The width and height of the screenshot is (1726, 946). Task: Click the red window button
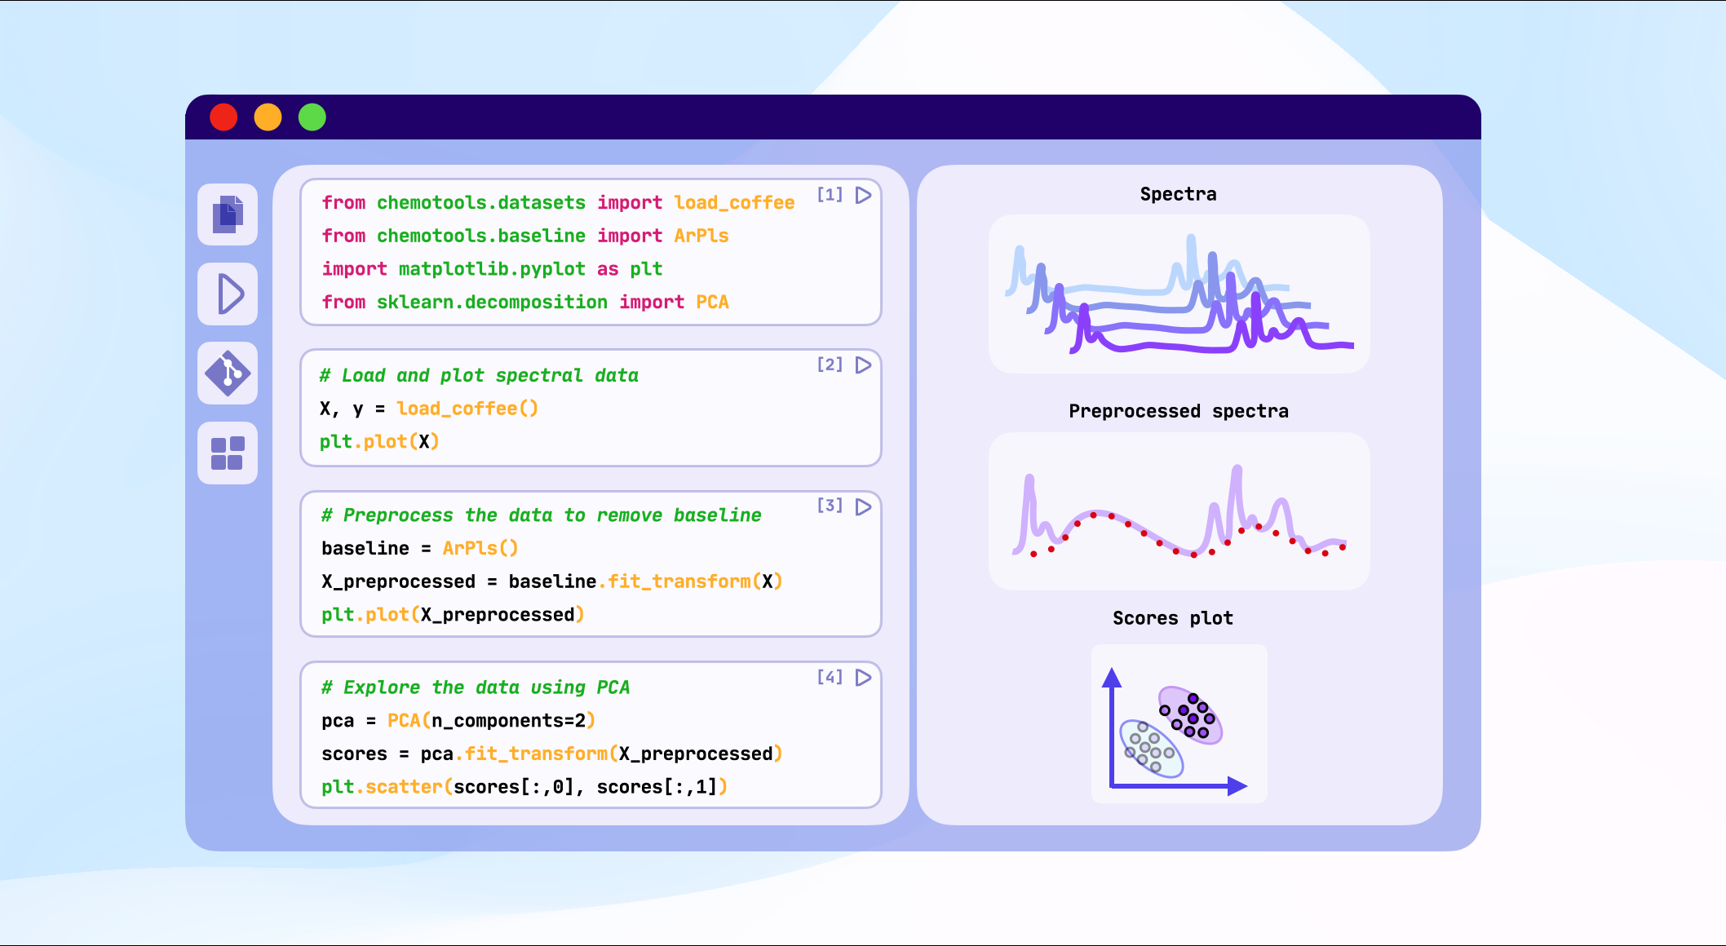pyautogui.click(x=223, y=117)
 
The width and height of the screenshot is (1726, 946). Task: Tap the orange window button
pyautogui.click(x=268, y=117)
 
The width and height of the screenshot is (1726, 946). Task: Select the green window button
pyautogui.click(x=312, y=117)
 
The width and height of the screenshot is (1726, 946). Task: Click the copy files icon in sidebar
pyautogui.click(x=228, y=214)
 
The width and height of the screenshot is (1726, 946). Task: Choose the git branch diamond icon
pyautogui.click(x=228, y=374)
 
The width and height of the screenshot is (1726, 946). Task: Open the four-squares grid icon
pyautogui.click(x=228, y=453)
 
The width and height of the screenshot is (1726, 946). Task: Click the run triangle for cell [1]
pyautogui.click(x=863, y=195)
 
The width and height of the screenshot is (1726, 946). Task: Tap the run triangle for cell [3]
pyautogui.click(x=863, y=506)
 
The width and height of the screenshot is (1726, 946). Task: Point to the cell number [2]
pyautogui.click(x=830, y=365)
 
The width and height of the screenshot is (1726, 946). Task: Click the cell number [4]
pyautogui.click(x=830, y=677)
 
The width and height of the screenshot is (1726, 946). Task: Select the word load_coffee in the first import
pyautogui.click(x=734, y=202)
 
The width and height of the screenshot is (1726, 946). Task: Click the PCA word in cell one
pyautogui.click(x=712, y=302)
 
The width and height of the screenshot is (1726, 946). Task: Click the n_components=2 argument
pyautogui.click(x=508, y=721)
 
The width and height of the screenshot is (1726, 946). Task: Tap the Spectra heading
pyautogui.click(x=1178, y=194)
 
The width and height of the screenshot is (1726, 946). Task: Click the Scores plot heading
pyautogui.click(x=1172, y=618)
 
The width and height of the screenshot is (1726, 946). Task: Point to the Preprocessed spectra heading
pyautogui.click(x=1178, y=411)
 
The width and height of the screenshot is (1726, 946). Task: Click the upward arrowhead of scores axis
pyautogui.click(x=1112, y=677)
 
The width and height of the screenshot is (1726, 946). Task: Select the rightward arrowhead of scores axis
pyautogui.click(x=1237, y=786)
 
